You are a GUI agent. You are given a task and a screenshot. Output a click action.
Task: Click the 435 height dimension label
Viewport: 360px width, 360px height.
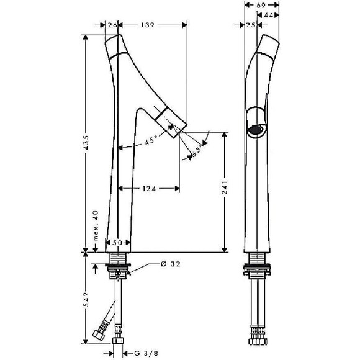tap(86, 143)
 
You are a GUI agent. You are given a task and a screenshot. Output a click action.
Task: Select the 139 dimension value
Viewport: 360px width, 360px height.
tap(147, 25)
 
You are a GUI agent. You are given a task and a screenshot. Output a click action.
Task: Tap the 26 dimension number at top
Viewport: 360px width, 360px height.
tap(112, 25)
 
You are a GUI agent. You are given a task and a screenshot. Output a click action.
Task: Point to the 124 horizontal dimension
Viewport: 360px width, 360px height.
tap(149, 189)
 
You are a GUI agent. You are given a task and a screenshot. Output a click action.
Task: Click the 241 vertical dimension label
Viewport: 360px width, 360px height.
tap(225, 187)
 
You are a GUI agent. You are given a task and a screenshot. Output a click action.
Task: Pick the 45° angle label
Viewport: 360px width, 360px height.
tap(151, 140)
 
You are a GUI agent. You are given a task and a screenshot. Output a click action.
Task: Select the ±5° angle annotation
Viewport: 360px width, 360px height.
tap(197, 150)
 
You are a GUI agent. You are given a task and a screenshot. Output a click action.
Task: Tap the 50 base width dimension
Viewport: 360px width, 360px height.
tap(117, 243)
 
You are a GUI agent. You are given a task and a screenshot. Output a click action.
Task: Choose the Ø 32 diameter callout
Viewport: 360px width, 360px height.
tap(171, 264)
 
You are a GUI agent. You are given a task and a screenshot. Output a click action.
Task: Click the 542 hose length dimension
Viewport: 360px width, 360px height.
tap(86, 300)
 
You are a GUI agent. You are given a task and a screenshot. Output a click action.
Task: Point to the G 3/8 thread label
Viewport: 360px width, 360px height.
tap(146, 353)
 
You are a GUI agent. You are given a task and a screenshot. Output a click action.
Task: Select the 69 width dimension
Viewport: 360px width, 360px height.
tap(261, 5)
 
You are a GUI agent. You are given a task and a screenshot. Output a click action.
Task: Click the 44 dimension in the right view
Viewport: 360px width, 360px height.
tap(268, 15)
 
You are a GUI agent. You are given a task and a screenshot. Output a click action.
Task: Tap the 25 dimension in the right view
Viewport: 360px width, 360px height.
tap(251, 25)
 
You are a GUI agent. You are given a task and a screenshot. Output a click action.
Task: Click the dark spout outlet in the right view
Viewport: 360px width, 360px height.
tap(254, 130)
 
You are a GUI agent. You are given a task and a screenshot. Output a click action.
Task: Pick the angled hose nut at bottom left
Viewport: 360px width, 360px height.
tap(99, 333)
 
